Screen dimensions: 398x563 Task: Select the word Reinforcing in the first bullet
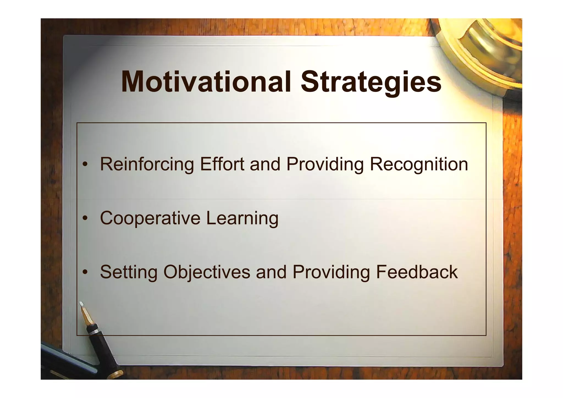(x=147, y=164)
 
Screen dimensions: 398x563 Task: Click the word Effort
(x=222, y=164)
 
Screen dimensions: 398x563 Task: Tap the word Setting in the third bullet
(x=129, y=272)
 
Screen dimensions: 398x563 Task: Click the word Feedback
(x=417, y=272)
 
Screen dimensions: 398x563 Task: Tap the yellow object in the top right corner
(x=487, y=47)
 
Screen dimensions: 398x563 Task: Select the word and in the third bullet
(x=271, y=272)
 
